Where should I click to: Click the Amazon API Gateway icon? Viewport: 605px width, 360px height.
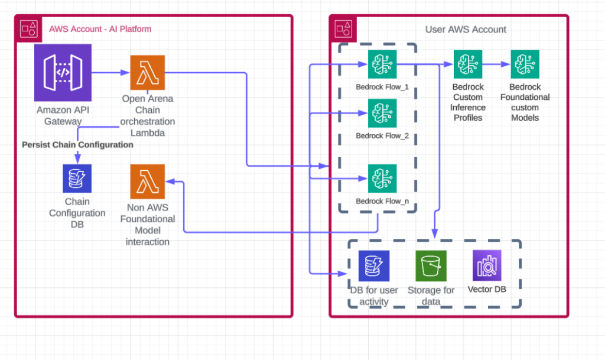pos(63,73)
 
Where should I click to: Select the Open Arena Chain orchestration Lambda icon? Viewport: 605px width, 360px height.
pos(147,73)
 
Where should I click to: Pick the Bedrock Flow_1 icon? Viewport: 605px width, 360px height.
pos(382,64)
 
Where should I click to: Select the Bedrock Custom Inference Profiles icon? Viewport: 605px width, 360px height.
pos(468,64)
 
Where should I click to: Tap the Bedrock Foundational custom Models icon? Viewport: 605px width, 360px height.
pos(525,64)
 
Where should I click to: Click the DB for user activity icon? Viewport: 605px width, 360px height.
pos(374,266)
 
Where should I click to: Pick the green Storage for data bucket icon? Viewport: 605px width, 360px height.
pos(431,266)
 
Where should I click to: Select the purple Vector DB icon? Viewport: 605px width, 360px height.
pos(487,265)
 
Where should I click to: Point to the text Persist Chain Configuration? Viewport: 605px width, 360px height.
pos(77,144)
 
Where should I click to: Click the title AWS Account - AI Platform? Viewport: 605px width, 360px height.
pos(100,29)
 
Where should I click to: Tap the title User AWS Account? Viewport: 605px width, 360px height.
pos(466,30)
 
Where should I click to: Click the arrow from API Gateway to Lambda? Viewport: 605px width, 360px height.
pos(110,73)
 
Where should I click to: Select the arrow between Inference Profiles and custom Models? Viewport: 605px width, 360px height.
pos(496,64)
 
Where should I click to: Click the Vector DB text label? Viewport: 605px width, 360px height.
pos(487,290)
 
